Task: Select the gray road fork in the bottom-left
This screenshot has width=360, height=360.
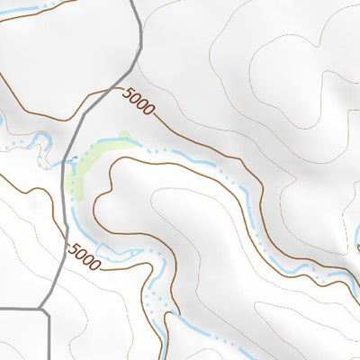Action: point(43,309)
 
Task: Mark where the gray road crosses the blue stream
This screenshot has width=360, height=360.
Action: point(67,163)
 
